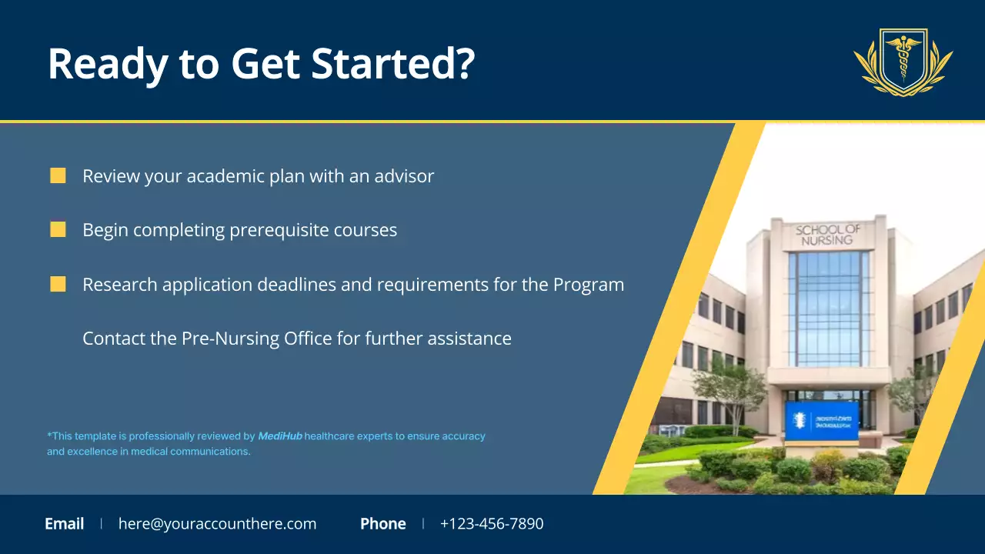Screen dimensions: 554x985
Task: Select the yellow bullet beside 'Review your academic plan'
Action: (58, 175)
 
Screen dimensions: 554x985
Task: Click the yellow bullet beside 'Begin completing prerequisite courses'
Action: (58, 229)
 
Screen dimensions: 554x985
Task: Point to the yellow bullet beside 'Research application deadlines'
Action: (58, 284)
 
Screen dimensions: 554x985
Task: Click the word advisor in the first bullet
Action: (404, 176)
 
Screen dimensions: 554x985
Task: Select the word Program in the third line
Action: (589, 285)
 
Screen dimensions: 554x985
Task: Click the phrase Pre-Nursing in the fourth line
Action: (230, 339)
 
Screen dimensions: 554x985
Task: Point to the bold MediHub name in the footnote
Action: (279, 436)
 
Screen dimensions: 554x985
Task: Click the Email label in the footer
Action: (65, 524)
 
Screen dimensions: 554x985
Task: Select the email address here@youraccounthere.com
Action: (217, 524)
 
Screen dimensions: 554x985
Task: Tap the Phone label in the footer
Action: (382, 524)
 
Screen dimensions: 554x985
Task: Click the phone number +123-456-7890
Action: (491, 524)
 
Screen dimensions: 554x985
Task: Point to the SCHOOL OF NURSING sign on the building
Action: (827, 235)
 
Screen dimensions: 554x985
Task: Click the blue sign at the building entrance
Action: (821, 421)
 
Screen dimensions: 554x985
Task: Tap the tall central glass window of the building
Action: (829, 308)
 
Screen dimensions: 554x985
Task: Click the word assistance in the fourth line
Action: (469, 339)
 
